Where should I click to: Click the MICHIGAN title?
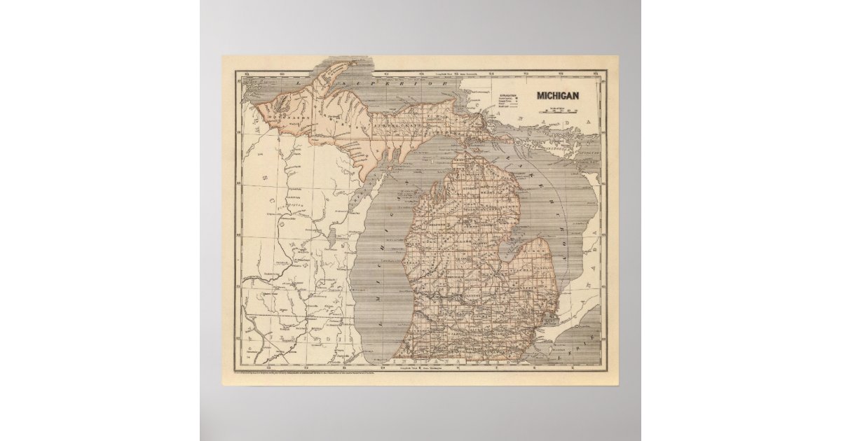558,96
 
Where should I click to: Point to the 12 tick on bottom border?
307,367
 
